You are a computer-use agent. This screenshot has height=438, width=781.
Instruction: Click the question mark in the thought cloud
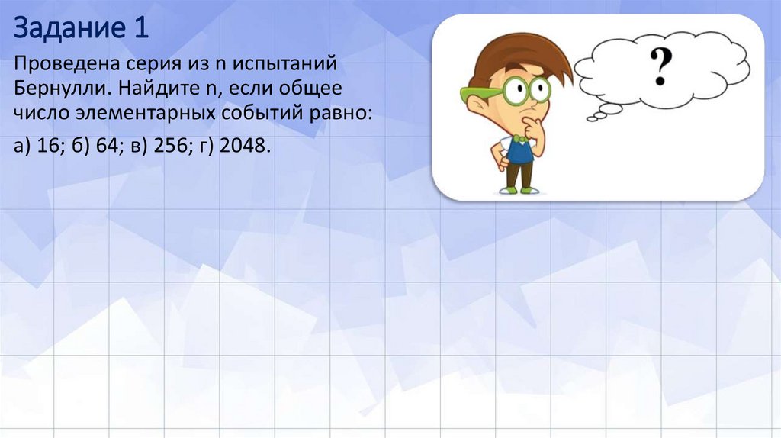point(660,66)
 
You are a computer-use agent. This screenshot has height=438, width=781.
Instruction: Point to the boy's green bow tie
point(519,139)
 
